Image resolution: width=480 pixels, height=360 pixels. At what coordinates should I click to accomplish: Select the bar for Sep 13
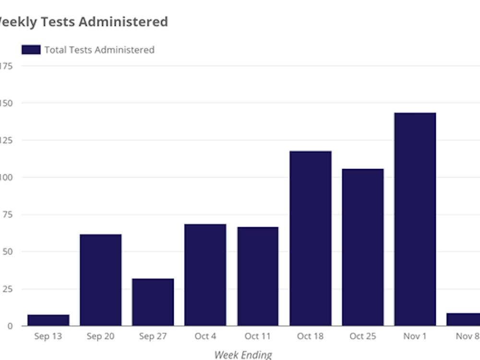[48, 320]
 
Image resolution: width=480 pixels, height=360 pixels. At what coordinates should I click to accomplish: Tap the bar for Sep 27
[153, 302]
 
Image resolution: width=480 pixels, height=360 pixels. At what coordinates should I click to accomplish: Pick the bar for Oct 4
[205, 275]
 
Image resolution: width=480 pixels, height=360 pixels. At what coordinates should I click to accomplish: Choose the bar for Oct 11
[258, 276]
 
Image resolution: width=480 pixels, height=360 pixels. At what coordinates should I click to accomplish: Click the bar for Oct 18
[310, 238]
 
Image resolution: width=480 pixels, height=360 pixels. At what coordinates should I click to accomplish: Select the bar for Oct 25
[362, 247]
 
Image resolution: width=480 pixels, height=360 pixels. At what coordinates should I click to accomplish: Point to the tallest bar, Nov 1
[415, 219]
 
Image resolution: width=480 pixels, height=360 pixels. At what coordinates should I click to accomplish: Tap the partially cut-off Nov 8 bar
[463, 320]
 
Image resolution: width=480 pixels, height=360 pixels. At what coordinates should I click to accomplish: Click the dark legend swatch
[31, 49]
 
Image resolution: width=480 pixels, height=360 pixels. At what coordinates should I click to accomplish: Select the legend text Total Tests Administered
[99, 49]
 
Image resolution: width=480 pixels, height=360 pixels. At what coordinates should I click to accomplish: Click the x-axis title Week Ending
[243, 355]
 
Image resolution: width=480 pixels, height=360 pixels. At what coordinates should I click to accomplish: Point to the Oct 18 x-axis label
[310, 336]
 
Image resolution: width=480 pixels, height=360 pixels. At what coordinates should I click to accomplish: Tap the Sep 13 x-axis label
[48, 336]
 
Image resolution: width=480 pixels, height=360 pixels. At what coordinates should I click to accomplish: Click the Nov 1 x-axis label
[415, 336]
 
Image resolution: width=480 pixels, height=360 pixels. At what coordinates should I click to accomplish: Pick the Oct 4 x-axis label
[205, 336]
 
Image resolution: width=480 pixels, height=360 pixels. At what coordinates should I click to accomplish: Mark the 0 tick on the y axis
[10, 326]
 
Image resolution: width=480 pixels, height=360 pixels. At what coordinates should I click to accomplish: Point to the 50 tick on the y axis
[7, 252]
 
